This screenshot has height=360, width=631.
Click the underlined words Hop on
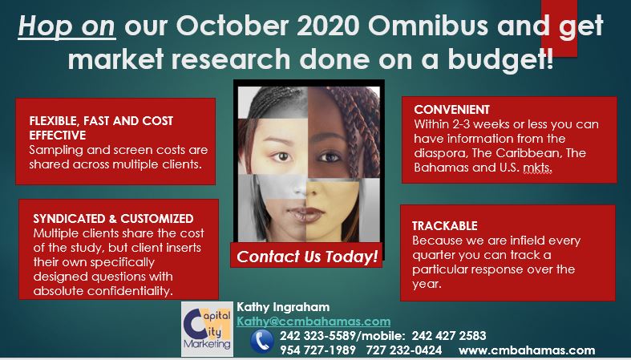click(67, 26)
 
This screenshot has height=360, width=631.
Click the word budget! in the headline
click(500, 59)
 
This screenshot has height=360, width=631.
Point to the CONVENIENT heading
click(452, 109)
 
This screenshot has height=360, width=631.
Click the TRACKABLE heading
click(445, 225)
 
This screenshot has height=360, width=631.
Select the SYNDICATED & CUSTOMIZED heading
click(113, 218)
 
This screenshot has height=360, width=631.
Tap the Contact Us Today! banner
click(306, 257)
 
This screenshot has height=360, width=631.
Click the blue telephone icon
click(262, 342)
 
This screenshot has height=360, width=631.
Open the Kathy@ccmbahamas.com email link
click(313, 322)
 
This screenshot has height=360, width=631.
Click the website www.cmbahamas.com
click(527, 350)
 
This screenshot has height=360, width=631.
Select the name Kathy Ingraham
click(283, 307)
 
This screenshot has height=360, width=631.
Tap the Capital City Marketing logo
click(207, 329)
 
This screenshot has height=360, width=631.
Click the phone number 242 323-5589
click(318, 335)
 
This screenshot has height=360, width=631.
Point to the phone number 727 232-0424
click(403, 350)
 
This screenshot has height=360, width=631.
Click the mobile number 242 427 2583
click(449, 335)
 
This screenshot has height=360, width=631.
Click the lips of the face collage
click(305, 214)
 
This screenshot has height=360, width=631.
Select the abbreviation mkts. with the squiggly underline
click(537, 168)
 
